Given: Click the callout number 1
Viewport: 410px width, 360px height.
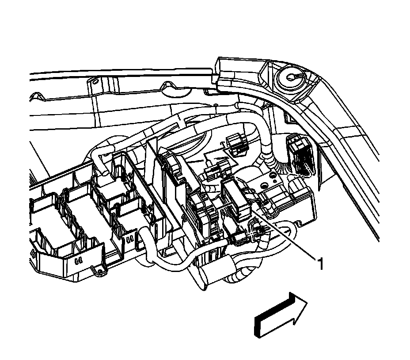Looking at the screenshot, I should click(x=321, y=264).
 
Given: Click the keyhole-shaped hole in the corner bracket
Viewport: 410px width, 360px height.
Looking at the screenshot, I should click(x=292, y=76).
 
